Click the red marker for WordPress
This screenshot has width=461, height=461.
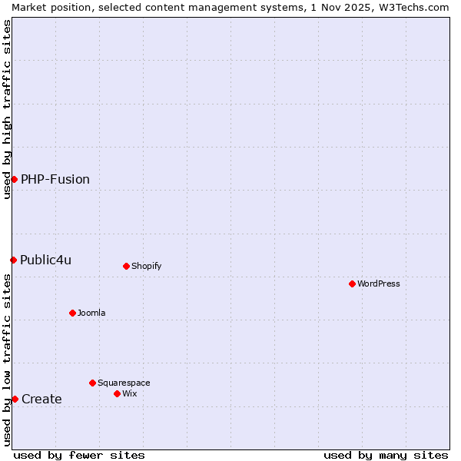(352, 284)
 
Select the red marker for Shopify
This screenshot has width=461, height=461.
(126, 266)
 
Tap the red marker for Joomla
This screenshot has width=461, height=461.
(72, 313)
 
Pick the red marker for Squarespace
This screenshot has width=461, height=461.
(92, 383)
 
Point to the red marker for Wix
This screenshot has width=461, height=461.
(117, 393)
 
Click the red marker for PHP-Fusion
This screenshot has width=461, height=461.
(14, 179)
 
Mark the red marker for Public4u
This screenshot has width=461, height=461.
(13, 260)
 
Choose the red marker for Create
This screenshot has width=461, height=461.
(15, 399)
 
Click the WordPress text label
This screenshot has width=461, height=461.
(379, 284)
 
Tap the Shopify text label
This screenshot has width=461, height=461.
(146, 266)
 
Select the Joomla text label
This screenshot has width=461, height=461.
(91, 313)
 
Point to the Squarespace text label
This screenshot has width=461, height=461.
(124, 383)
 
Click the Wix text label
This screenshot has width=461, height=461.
(130, 393)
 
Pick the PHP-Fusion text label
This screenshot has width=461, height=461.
(55, 179)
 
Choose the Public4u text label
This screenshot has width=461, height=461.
(46, 260)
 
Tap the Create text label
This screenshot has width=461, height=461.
(41, 399)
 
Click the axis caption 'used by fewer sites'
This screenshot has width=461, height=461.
(79, 455)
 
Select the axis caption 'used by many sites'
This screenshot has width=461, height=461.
(386, 455)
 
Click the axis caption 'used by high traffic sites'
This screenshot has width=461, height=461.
(7, 109)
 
